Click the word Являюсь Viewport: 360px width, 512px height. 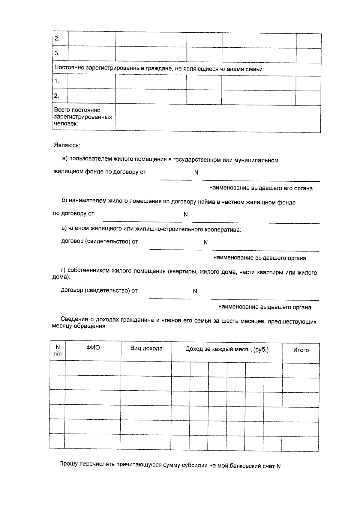pos(67,145)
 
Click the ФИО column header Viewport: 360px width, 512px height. pos(93,348)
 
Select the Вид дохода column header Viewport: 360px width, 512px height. pos(146,348)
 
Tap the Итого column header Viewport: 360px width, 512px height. pos(301,350)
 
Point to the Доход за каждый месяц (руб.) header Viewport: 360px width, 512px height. pos(227,350)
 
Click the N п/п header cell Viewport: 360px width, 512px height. pos(58,350)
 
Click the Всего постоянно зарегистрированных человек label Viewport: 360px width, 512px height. pos(83,117)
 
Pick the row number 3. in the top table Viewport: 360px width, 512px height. pos(57,53)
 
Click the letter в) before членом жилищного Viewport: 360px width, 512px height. pos(64,228)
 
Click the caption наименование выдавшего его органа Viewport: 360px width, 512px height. pos(261,189)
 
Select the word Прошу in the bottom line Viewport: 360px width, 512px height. pos(68,464)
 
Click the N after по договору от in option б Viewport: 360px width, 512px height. pos(186,215)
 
